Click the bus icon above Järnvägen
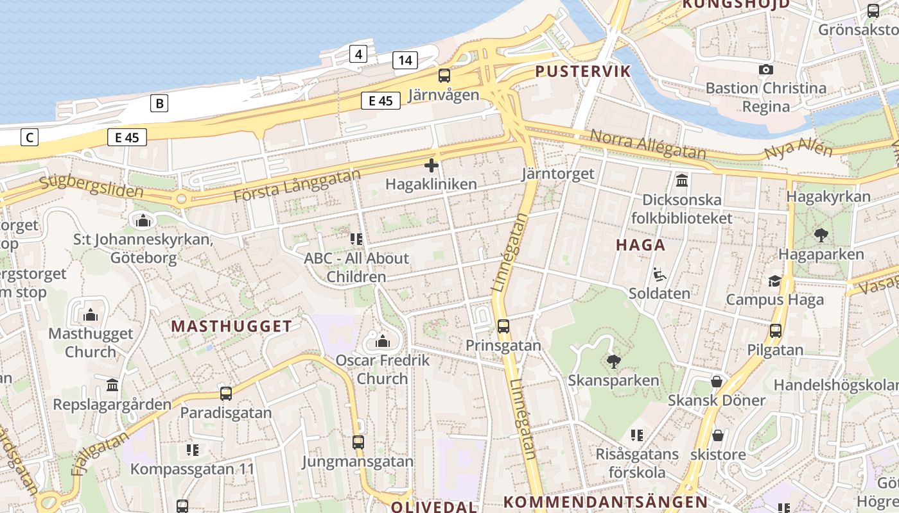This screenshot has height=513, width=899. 444,76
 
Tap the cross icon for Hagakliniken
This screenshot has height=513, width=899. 432,165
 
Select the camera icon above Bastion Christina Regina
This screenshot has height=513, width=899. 766,69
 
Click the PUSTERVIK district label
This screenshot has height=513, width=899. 583,71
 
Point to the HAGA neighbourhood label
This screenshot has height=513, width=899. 640,244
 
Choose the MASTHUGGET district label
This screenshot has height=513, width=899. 231,326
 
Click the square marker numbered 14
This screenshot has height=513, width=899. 405,60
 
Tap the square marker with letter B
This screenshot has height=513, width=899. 159,103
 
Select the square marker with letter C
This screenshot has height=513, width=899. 29,137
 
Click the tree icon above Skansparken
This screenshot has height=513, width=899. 613,361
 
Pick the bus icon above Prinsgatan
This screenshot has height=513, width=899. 503,326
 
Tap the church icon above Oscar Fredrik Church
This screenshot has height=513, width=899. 383,341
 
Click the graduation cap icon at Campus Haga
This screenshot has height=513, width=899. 775,281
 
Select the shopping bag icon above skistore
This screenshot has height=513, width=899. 718,435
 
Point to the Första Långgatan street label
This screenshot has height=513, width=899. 297,186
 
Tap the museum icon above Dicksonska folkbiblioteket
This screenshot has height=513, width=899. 682,180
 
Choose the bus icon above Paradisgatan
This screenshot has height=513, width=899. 226,394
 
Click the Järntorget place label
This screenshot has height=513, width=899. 558,174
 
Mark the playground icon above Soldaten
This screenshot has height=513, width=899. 659,274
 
